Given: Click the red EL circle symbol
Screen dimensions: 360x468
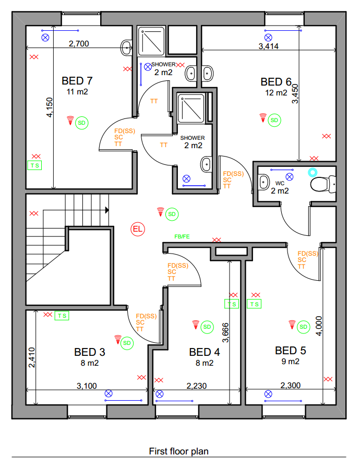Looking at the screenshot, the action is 138,229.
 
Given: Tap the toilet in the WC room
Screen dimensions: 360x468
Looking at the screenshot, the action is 323,185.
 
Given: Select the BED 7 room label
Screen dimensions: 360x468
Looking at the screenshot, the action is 77,81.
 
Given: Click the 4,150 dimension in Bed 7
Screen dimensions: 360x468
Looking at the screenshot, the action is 50,107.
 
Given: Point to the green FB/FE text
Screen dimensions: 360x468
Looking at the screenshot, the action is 182,237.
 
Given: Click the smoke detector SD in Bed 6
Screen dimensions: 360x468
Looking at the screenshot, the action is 274,121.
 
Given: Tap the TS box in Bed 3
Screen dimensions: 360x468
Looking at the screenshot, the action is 62,316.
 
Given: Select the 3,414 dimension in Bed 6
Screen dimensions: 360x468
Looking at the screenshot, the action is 268,46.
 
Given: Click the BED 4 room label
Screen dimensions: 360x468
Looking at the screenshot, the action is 205,352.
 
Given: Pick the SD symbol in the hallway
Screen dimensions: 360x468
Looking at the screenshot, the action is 172,214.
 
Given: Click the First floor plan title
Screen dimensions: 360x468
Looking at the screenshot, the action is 178,451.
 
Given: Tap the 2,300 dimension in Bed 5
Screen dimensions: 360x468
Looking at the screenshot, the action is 291,386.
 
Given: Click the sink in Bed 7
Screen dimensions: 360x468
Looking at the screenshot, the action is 127,47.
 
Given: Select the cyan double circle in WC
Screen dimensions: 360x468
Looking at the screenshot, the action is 313,172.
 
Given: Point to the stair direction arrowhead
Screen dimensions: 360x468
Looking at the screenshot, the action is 107,210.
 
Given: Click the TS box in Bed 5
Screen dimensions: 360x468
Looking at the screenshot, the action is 254,304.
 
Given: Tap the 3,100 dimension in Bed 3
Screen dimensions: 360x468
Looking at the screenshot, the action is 87,386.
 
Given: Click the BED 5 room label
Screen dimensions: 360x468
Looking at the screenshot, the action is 291,351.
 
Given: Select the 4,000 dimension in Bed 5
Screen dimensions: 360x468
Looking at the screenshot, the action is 319,326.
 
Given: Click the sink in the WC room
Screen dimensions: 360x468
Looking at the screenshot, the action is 263,182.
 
